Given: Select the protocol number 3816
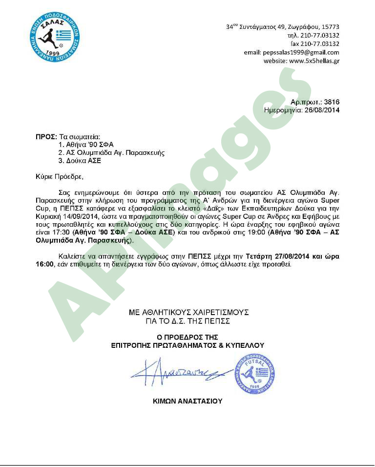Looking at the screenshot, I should tap(332, 102).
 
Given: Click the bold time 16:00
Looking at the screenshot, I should tap(44, 264).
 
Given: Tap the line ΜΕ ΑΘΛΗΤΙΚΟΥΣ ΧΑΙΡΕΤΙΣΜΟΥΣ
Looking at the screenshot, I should tap(189, 312).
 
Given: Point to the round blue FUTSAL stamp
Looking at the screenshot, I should tap(255, 374).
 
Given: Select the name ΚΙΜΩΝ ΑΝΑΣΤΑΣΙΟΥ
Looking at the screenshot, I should tap(187, 401).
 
